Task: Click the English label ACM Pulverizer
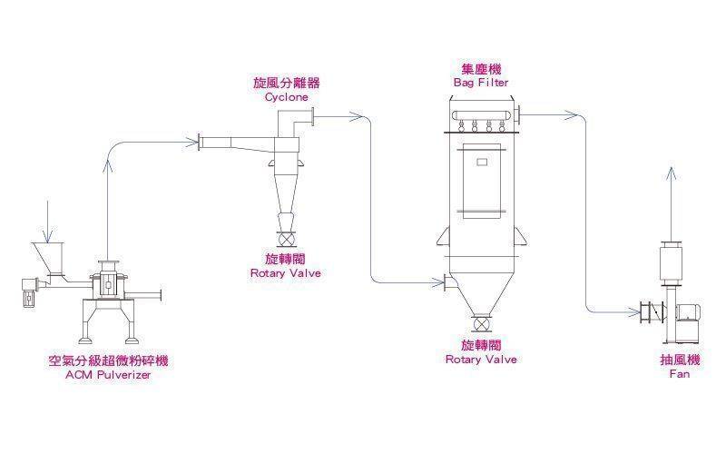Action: click(x=108, y=375)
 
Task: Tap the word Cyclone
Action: click(x=286, y=97)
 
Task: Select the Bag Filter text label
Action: click(x=481, y=83)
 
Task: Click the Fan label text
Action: click(x=680, y=374)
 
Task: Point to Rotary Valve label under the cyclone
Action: click(x=286, y=273)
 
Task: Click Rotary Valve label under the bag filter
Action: click(x=481, y=359)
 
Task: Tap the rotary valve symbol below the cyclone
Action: click(x=286, y=239)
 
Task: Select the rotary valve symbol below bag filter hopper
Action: click(x=482, y=323)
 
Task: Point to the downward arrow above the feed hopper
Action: click(x=48, y=222)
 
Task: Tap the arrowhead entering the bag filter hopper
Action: click(x=438, y=282)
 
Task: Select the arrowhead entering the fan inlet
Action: click(x=633, y=312)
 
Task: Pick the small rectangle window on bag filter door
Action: click(x=482, y=162)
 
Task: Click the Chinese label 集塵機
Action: click(x=481, y=70)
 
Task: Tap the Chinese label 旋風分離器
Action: click(x=286, y=83)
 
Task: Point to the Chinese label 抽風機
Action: click(x=680, y=360)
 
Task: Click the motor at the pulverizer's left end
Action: click(x=29, y=291)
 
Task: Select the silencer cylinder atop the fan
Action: click(x=672, y=262)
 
